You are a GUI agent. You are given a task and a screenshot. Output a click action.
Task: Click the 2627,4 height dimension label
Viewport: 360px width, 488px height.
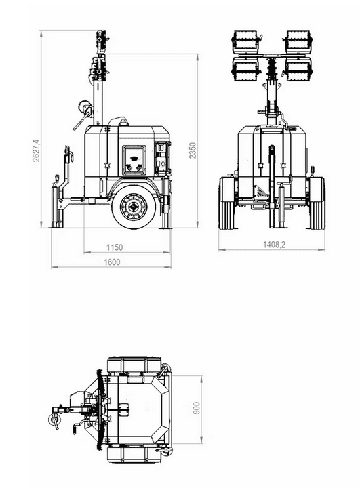37,150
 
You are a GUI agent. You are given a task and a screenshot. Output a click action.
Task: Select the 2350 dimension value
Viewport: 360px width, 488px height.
193,150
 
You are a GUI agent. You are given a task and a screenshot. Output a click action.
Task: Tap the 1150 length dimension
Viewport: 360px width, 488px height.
115,247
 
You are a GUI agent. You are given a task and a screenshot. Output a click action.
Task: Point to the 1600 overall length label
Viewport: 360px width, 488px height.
112,262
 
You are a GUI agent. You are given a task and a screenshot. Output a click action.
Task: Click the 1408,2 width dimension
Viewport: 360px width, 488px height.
275,245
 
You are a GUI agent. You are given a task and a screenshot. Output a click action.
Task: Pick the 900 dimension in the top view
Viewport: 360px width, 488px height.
197,408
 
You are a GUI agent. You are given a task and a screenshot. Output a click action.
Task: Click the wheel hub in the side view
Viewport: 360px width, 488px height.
134,206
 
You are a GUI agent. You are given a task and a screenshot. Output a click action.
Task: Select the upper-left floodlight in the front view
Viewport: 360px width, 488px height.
245,41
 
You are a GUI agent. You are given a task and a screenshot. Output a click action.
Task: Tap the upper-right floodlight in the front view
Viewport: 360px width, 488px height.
298,41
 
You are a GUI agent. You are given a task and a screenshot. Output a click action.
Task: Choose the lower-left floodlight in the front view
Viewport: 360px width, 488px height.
245,69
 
